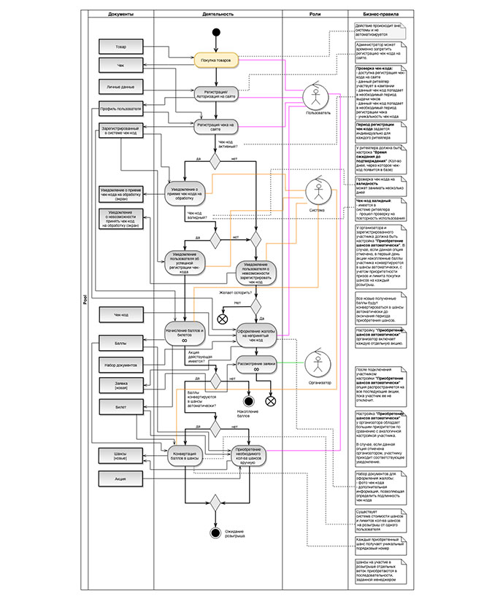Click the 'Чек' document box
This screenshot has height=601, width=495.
[x=120, y=66]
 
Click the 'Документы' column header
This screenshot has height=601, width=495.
[x=120, y=14]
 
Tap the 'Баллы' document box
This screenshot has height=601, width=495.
[x=120, y=342]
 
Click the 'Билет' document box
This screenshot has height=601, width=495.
[x=120, y=406]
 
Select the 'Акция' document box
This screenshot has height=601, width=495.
[x=120, y=478]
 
